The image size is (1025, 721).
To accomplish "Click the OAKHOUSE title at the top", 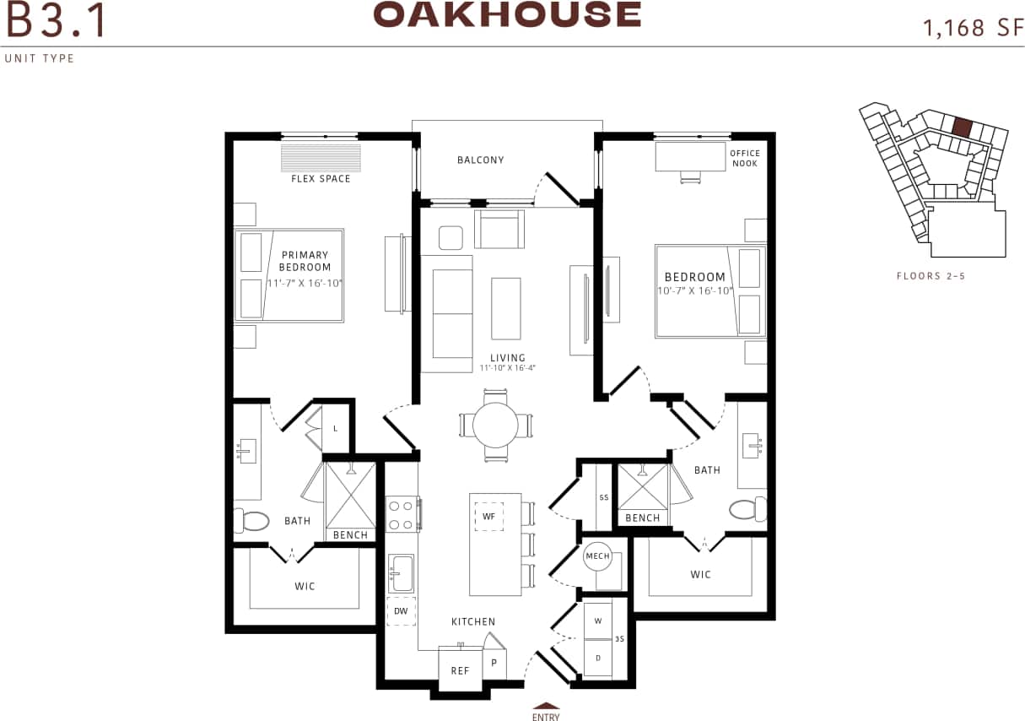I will click(507, 15).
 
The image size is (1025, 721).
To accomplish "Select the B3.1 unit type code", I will click(56, 22).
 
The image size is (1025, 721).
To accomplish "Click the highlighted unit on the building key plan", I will click(962, 127).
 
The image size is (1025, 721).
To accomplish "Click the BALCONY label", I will click(480, 160).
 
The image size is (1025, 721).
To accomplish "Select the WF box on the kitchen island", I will click(488, 515).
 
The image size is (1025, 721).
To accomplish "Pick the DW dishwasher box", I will click(401, 610).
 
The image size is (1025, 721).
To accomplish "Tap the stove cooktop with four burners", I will click(403, 514).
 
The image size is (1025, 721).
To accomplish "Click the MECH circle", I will click(597, 556).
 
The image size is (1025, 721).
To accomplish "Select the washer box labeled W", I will click(598, 621).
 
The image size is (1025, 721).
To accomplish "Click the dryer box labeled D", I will click(598, 657).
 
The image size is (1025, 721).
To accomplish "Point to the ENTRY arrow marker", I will click(545, 707).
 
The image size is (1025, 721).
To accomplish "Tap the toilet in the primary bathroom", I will click(251, 521).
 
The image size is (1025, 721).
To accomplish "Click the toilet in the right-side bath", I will click(746, 509).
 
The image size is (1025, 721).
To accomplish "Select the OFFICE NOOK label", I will click(745, 158).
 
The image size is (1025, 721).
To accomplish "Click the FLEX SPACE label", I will click(321, 179).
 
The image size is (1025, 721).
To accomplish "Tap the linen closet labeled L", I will click(335, 428).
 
